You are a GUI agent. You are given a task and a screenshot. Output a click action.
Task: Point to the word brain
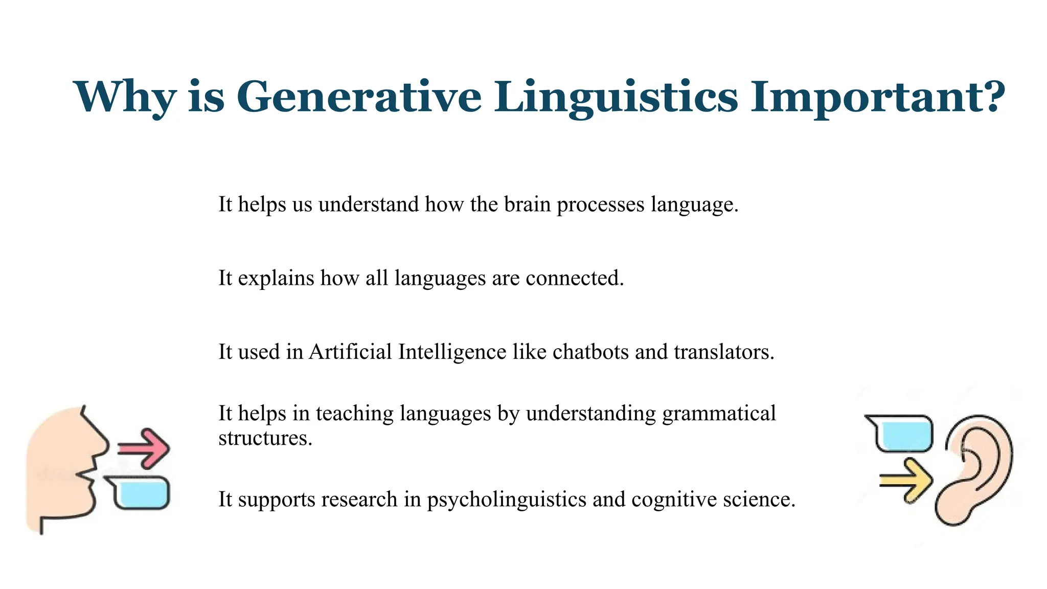(x=527, y=205)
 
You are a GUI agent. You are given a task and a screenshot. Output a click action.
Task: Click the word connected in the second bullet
(x=574, y=278)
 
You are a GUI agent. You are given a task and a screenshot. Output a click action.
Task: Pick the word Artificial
(x=350, y=352)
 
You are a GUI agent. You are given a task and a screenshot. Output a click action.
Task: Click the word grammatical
(x=719, y=414)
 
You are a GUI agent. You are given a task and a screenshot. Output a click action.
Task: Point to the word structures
(x=265, y=438)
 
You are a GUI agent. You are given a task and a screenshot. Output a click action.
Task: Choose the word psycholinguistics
(x=506, y=500)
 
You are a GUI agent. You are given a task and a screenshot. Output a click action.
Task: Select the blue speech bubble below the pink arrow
(x=139, y=493)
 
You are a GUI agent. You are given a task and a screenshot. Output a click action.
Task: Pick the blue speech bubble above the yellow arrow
(x=902, y=434)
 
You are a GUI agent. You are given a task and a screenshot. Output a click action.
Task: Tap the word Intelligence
(x=452, y=352)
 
